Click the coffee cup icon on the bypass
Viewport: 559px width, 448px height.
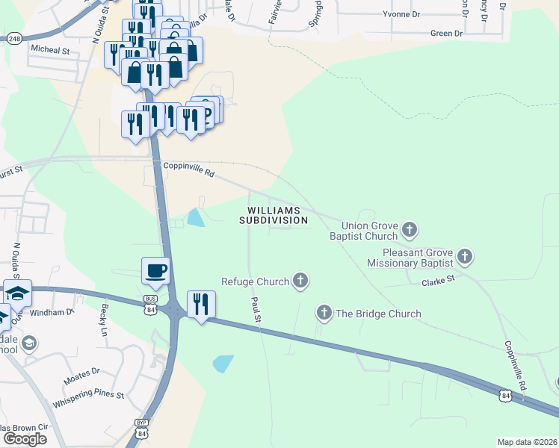[155, 270]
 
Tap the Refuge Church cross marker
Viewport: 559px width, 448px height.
[300, 281]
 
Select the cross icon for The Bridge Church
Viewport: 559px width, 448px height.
[324, 313]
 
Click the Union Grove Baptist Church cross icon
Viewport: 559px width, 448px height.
[409, 228]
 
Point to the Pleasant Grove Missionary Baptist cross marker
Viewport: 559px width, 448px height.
[464, 257]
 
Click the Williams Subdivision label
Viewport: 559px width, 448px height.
[273, 215]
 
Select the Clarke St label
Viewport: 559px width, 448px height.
[438, 281]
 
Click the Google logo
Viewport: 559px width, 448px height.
[24, 438]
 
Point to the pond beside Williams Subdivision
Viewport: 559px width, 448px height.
[196, 217]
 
